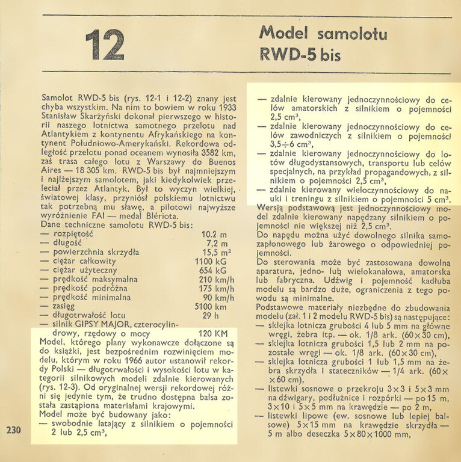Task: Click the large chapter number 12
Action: pos(105,46)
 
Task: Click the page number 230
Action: pos(15,430)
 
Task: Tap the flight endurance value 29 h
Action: pos(209,315)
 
